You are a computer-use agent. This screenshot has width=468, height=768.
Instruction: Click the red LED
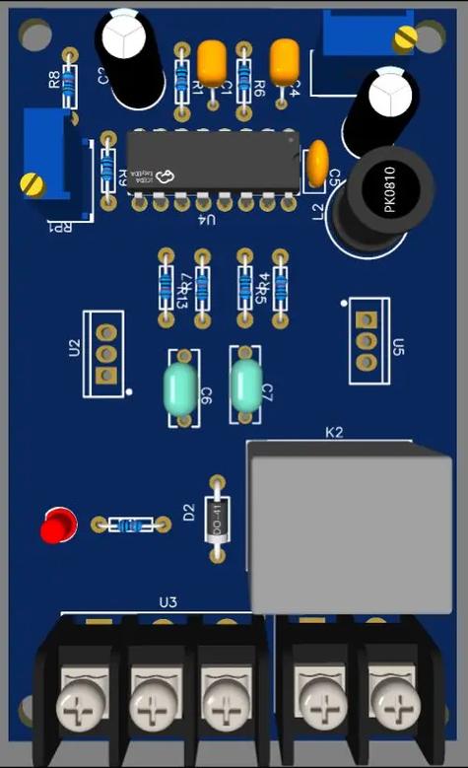tap(58, 524)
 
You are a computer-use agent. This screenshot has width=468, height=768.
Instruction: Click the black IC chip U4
tap(212, 162)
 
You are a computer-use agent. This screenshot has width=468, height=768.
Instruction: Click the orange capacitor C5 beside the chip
tap(317, 165)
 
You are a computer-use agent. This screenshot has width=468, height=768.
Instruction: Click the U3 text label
tap(168, 601)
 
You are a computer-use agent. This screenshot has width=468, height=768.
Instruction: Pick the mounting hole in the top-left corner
tap(33, 36)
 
